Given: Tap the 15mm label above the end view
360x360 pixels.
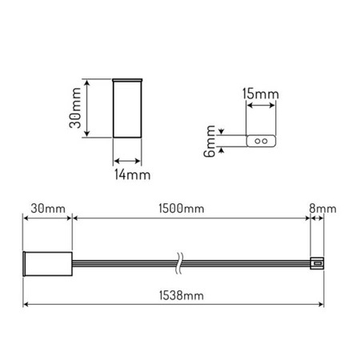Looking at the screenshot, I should (x=260, y=95).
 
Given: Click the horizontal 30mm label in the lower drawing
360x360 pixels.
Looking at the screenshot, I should (x=46, y=210).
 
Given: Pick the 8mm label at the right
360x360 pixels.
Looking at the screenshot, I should (x=324, y=210).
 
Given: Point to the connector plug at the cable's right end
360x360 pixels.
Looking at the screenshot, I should (x=315, y=262).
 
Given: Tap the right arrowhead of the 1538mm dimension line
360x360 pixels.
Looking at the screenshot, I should (x=322, y=304).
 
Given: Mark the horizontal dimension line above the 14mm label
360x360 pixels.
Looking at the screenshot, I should (x=128, y=158).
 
